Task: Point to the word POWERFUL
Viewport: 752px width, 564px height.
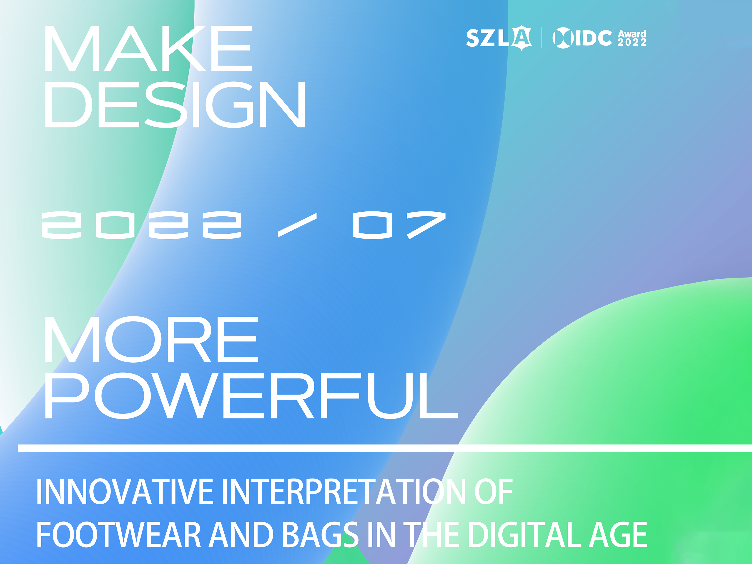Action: (x=252, y=395)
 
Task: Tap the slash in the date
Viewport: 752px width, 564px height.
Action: (x=297, y=225)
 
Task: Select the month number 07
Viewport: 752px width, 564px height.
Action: (x=399, y=225)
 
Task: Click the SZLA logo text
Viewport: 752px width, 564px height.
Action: (x=499, y=38)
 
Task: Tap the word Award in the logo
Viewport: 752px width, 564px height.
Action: (x=632, y=34)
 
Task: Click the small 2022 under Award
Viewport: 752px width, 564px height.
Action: (x=632, y=42)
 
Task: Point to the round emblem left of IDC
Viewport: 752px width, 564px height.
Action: (x=563, y=38)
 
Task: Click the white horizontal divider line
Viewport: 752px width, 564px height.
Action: (x=385, y=448)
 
